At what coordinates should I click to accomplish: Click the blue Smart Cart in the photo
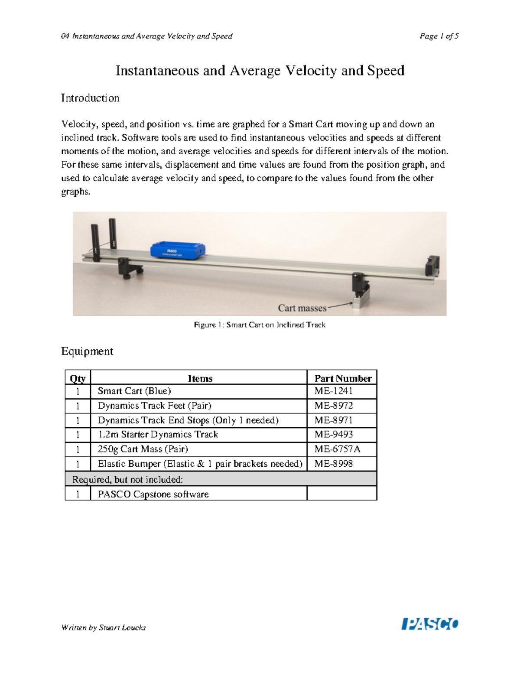[x=178, y=250]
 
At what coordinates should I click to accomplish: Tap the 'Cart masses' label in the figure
[x=302, y=308]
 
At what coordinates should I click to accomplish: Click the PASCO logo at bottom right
[x=430, y=624]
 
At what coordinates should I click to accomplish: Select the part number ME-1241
[x=334, y=391]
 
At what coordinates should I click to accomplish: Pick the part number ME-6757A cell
[x=337, y=449]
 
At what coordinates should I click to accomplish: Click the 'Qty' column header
[x=78, y=378]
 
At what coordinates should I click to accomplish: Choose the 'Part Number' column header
[x=343, y=378]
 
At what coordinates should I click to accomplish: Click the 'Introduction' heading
[x=90, y=98]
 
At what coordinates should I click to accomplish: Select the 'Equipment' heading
[x=87, y=351]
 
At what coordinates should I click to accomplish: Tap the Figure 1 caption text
[x=259, y=325]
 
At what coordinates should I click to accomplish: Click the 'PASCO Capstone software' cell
[x=153, y=494]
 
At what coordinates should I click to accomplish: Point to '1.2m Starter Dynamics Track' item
[x=158, y=434]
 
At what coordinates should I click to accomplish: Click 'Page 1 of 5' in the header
[x=439, y=36]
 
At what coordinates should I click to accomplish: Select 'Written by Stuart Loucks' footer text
[x=103, y=627]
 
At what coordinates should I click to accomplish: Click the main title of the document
[x=260, y=70]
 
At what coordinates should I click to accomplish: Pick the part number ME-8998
[x=334, y=464]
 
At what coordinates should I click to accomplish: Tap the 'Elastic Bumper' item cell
[x=200, y=464]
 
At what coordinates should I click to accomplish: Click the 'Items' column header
[x=200, y=378]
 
